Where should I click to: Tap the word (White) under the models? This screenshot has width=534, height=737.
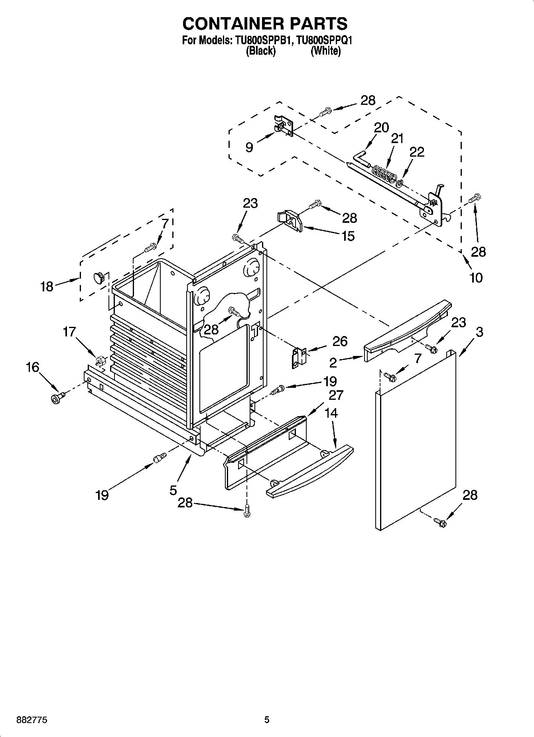tap(326, 51)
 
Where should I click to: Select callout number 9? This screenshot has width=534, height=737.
tap(249, 148)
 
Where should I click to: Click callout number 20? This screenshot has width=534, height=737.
tap(381, 128)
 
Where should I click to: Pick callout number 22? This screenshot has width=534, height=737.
tap(416, 152)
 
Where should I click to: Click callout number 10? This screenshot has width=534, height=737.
tap(476, 277)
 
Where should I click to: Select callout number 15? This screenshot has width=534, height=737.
tap(348, 236)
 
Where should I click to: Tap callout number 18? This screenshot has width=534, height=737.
tap(47, 286)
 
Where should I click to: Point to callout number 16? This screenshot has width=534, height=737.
tap(33, 367)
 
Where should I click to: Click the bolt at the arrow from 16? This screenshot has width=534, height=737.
tap(58, 397)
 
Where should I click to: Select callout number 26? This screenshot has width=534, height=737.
tap(340, 341)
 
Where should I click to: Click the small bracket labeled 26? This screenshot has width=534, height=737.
tap(300, 358)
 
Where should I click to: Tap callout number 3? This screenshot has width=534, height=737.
tap(479, 332)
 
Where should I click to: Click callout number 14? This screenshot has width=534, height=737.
tap(331, 413)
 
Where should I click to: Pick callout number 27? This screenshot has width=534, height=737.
tap(336, 395)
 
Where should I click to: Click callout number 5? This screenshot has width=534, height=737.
tap(173, 490)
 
